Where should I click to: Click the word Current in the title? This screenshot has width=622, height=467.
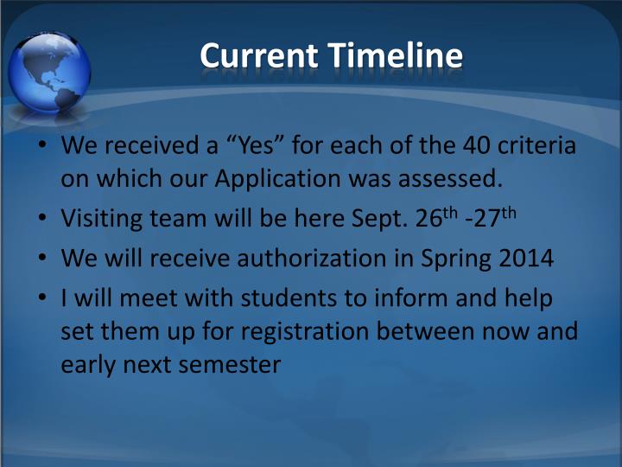pos(257,56)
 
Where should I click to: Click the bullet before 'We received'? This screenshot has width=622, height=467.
pos(41,145)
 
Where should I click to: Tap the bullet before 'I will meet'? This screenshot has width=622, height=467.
pos(41,297)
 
